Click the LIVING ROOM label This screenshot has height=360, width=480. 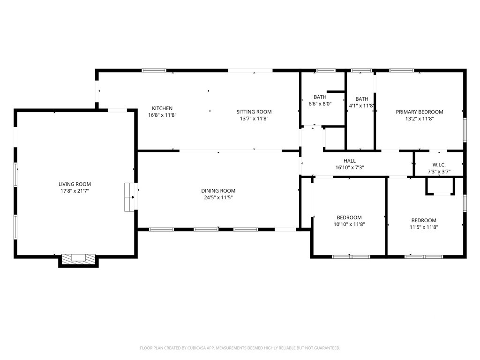pyautogui.click(x=75, y=184)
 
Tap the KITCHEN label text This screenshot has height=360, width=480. pyautogui.click(x=162, y=108)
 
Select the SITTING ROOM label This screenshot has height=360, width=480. pyautogui.click(x=254, y=112)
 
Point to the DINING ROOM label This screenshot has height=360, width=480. pyautogui.click(x=218, y=191)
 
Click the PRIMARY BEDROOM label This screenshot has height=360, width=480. pyautogui.click(x=420, y=112)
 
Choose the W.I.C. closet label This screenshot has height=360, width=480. pyautogui.click(x=439, y=165)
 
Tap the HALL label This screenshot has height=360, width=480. pyautogui.click(x=350, y=161)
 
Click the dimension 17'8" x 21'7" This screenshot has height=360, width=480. pyautogui.click(x=75, y=191)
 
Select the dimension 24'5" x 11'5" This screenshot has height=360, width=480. pyautogui.click(x=218, y=198)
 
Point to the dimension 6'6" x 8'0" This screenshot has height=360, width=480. pyautogui.click(x=320, y=104)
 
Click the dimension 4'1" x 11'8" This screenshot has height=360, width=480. pyautogui.click(x=361, y=105)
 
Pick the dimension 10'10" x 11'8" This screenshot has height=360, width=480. pyautogui.click(x=349, y=224)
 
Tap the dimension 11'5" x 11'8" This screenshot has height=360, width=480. pyautogui.click(x=424, y=227)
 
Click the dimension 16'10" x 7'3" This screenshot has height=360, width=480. pyautogui.click(x=350, y=167)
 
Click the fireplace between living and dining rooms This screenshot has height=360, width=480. pyautogui.click(x=130, y=197)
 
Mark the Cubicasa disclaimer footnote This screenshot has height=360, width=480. pyautogui.click(x=240, y=348)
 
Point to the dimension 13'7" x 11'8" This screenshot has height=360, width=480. pyautogui.click(x=254, y=119)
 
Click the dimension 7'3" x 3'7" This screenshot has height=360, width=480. pyautogui.click(x=439, y=172)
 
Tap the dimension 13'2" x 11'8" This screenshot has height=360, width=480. pyautogui.click(x=420, y=119)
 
